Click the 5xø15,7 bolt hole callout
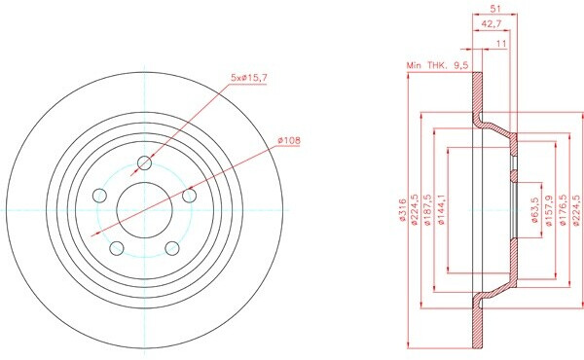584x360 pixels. (249, 78)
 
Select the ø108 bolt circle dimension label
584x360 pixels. (289, 141)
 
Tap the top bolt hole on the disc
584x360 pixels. (144, 162)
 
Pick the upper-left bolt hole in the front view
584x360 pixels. (99, 195)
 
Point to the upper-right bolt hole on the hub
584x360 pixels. (189, 195)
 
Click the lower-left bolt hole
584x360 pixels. (117, 248)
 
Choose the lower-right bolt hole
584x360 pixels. (172, 248)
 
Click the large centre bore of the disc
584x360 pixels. (144, 210)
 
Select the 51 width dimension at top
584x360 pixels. (495, 9)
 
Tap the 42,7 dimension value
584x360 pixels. (492, 24)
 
